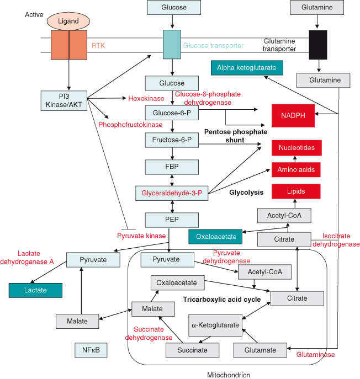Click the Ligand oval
68,21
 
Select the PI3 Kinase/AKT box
65,100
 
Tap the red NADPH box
297,115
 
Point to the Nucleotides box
297,148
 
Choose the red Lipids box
296,191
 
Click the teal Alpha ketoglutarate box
247,68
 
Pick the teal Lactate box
35,290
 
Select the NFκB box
91,350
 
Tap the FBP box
172,166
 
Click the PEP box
172,220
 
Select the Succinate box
193,350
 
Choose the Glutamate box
261,350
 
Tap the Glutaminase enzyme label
316,355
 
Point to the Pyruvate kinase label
141,236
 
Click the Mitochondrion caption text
229,375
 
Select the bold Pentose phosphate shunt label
236,136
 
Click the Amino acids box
297,169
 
